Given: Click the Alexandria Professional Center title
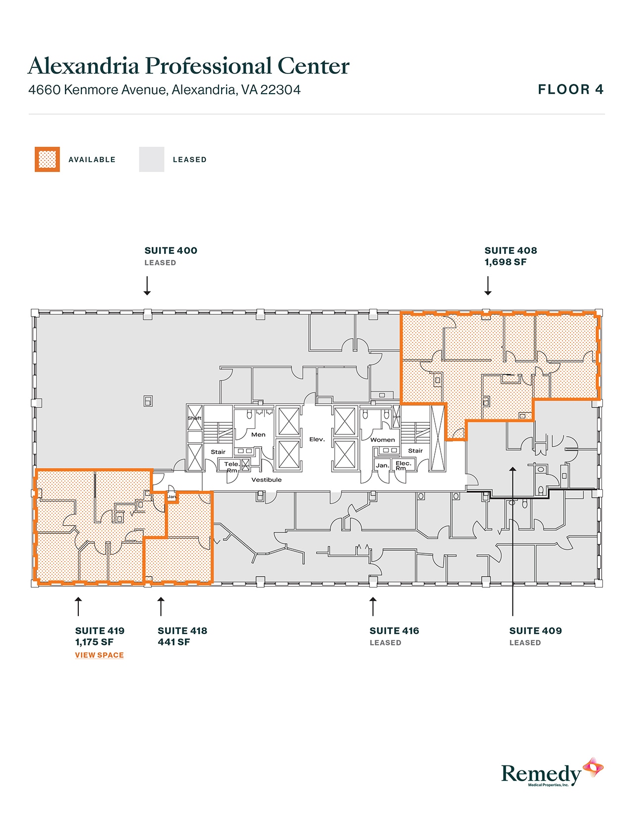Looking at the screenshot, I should pos(188,66).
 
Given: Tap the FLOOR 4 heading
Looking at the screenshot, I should pos(571,90).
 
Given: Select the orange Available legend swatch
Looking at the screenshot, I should pos(47,160).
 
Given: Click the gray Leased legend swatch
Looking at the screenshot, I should pos(151,160).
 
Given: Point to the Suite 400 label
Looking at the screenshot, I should pos(171,251).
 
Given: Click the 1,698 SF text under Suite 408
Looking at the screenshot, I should pos(505,262).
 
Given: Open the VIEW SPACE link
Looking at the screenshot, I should pos(99,655).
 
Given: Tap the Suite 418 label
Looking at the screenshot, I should pos(182,631).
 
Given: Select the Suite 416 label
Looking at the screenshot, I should pos(394,631).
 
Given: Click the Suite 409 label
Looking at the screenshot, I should pos(535,631).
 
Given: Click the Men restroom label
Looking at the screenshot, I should pos(258,435).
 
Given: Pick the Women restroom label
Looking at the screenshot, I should pos(383,440).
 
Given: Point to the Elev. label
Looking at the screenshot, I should pos(317,439).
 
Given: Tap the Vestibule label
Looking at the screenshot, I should pos(266,480).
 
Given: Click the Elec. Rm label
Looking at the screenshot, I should pos(403,466).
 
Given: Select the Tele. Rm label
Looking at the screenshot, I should pos(231,467).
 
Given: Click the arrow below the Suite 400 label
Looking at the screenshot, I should pos(147,286).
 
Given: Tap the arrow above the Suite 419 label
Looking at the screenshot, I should pos(78,606).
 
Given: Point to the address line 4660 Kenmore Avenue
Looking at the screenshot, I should pos(164,90).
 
